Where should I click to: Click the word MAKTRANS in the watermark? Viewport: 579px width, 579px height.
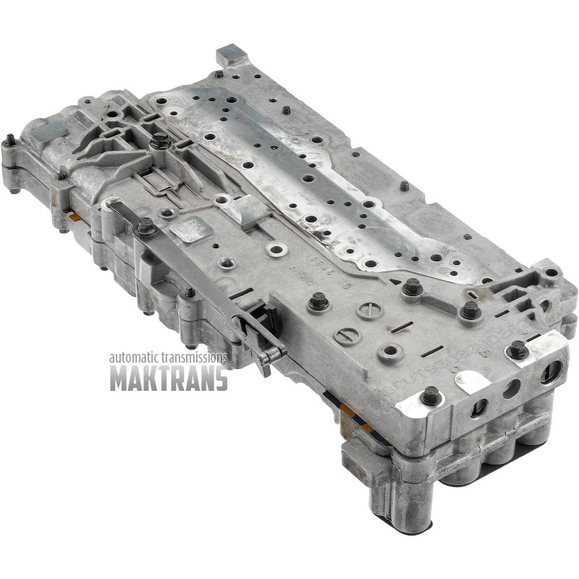click(x=169, y=377)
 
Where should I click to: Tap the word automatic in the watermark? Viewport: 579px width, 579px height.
click(x=135, y=358)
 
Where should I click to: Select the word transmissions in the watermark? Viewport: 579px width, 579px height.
click(x=195, y=358)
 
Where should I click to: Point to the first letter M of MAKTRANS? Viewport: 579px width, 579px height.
click(x=118, y=377)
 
